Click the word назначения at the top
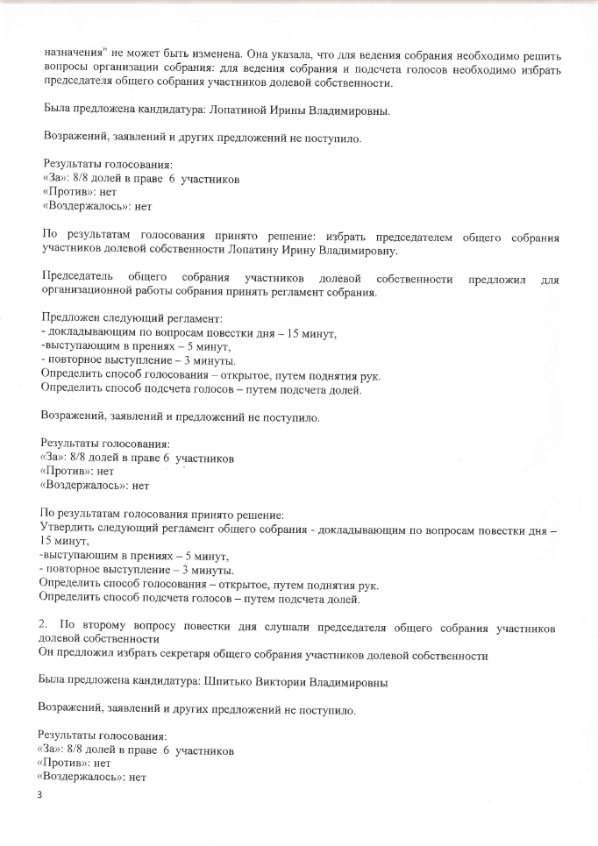pyautogui.click(x=71, y=52)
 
